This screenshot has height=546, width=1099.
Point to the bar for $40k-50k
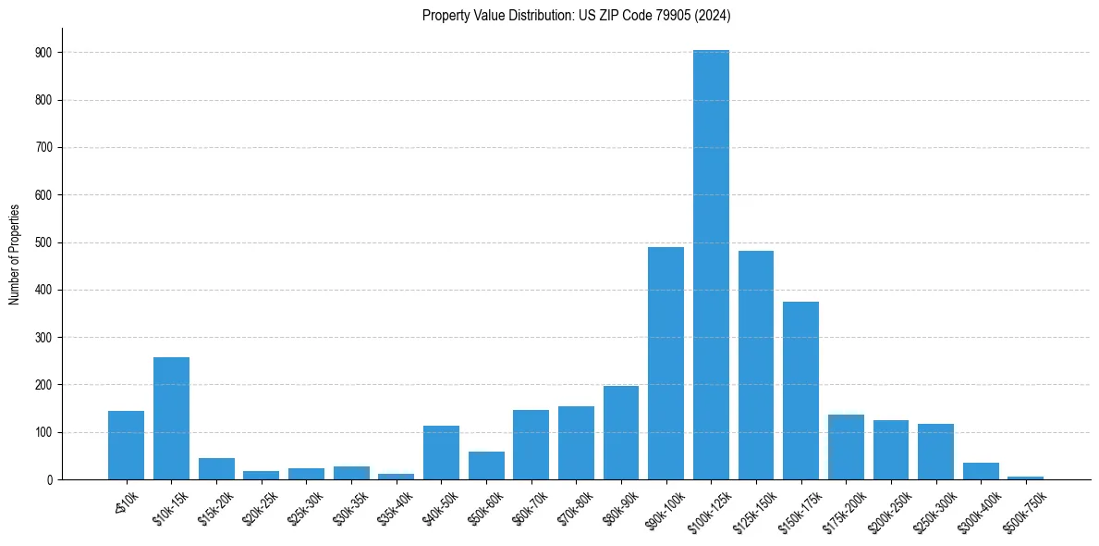pyautogui.click(x=441, y=453)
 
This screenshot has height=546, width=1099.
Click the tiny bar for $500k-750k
pyautogui.click(x=1025, y=478)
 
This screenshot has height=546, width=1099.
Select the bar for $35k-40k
pyautogui.click(x=397, y=477)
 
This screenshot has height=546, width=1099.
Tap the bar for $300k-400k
pyautogui.click(x=981, y=471)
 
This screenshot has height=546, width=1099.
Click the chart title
pyautogui.click(x=576, y=15)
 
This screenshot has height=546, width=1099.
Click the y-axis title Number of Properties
pyautogui.click(x=15, y=254)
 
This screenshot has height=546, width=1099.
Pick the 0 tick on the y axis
pyautogui.click(x=48, y=479)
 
